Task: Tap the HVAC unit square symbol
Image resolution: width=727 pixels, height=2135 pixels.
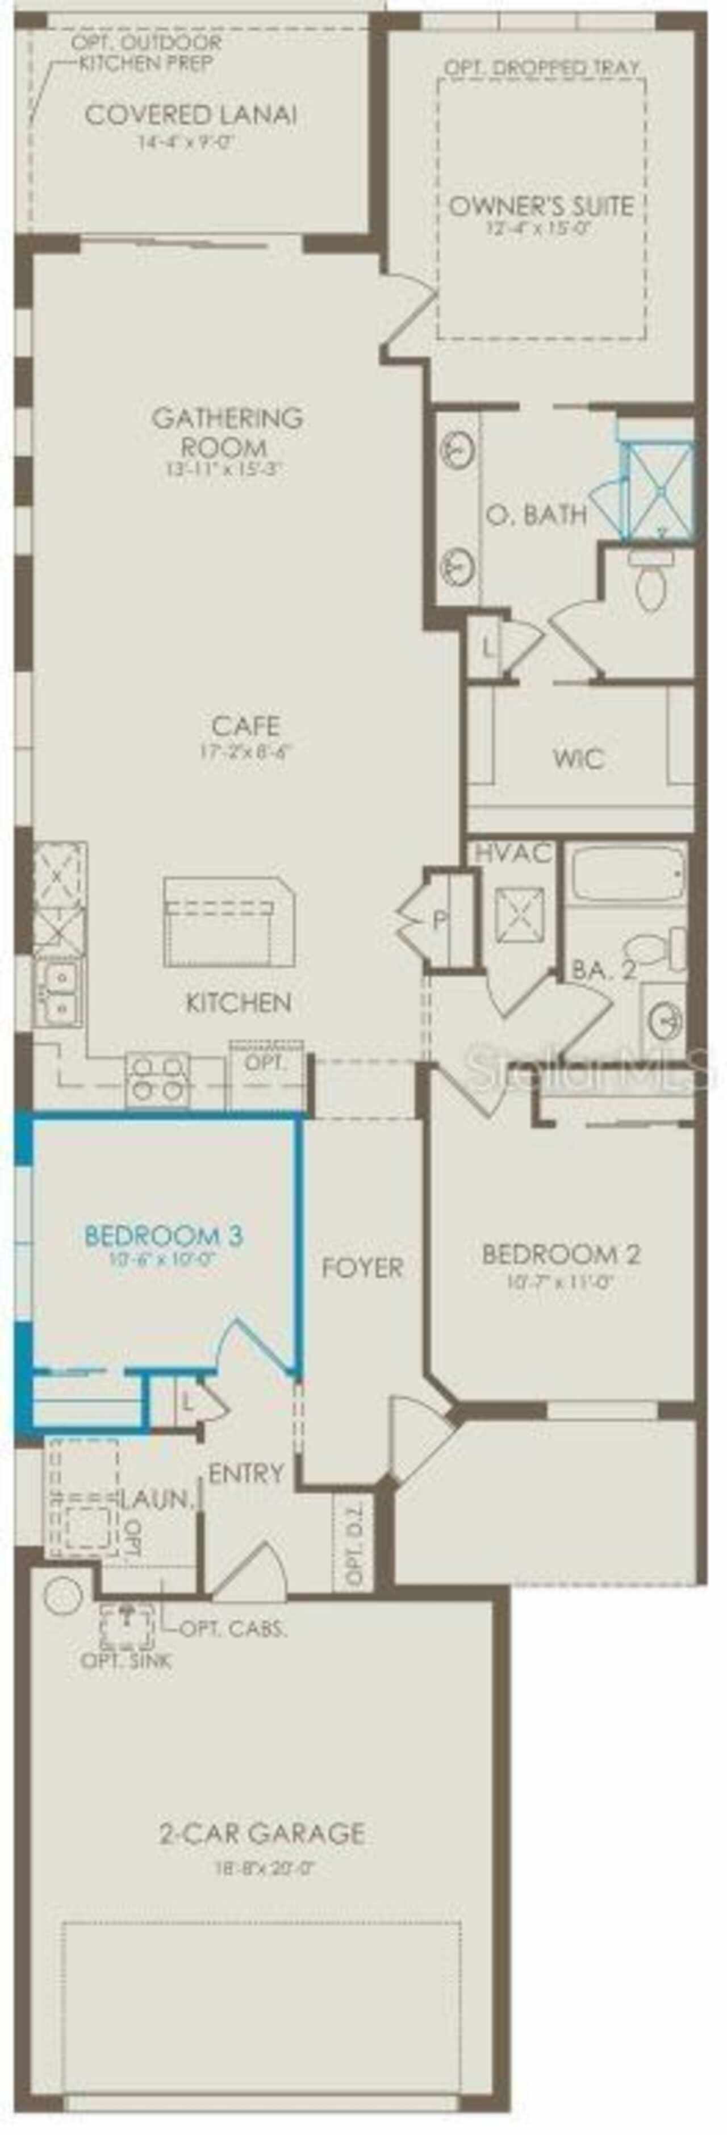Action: pyautogui.click(x=520, y=916)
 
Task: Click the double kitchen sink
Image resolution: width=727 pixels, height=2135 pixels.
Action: pyautogui.click(x=57, y=992)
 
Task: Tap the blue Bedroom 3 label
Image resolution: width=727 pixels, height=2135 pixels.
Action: pyautogui.click(x=164, y=1236)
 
